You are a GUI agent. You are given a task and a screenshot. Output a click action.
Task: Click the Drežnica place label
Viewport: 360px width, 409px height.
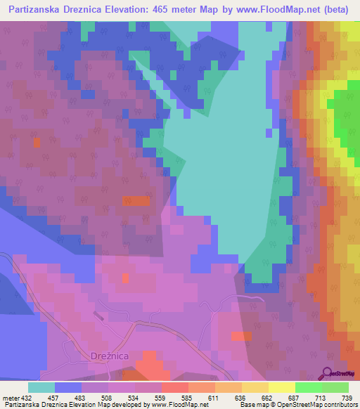click(x=109, y=356)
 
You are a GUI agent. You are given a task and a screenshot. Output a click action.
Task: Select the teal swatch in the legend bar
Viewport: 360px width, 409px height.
click(x=41, y=387)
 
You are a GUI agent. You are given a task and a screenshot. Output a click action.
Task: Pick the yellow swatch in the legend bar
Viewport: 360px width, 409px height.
click(x=282, y=387)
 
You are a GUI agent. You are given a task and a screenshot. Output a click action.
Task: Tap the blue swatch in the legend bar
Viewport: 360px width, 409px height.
click(x=68, y=387)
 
